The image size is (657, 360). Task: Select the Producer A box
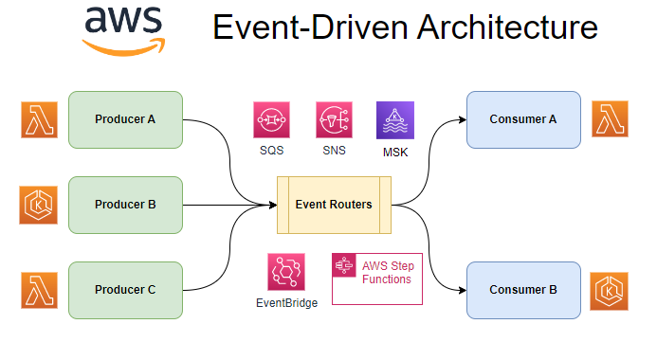pos(125,119)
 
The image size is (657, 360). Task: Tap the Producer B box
pos(125,205)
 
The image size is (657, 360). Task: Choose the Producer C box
pos(125,290)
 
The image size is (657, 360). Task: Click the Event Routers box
pos(333,205)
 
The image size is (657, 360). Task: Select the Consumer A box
pos(523,119)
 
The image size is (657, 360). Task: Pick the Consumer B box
pos(523,290)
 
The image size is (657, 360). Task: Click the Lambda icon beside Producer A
pos(39,119)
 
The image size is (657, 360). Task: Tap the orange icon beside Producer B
pos(39,205)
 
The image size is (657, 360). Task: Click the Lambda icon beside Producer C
pos(39,290)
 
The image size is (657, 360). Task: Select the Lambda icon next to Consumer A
pos(611,119)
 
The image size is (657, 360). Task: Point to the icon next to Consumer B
pos(611,290)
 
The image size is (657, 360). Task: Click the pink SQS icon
pos(271,119)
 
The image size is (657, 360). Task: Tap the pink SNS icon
pos(334,119)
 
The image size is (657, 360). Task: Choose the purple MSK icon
pos(395,119)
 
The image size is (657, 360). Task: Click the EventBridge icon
pos(286,272)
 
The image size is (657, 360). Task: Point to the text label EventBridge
pos(286,303)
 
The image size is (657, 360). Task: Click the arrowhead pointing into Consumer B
pos(461,290)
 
